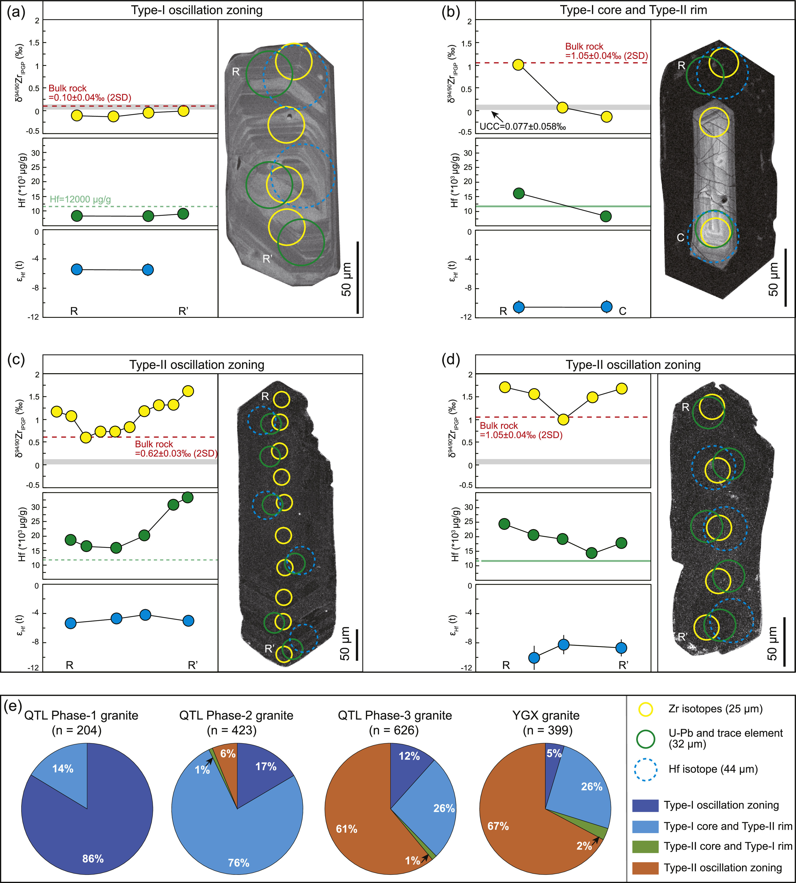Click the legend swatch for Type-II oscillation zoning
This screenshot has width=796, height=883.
point(645,868)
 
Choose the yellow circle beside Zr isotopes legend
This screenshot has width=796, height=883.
point(646,709)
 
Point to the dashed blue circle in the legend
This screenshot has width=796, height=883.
point(646,769)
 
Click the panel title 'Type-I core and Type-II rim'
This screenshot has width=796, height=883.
point(633,10)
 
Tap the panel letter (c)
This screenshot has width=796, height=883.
point(16,359)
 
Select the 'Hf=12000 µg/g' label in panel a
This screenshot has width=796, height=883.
point(80,200)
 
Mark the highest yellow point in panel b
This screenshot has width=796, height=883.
point(518,65)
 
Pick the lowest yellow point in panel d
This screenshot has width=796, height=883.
point(563,419)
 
